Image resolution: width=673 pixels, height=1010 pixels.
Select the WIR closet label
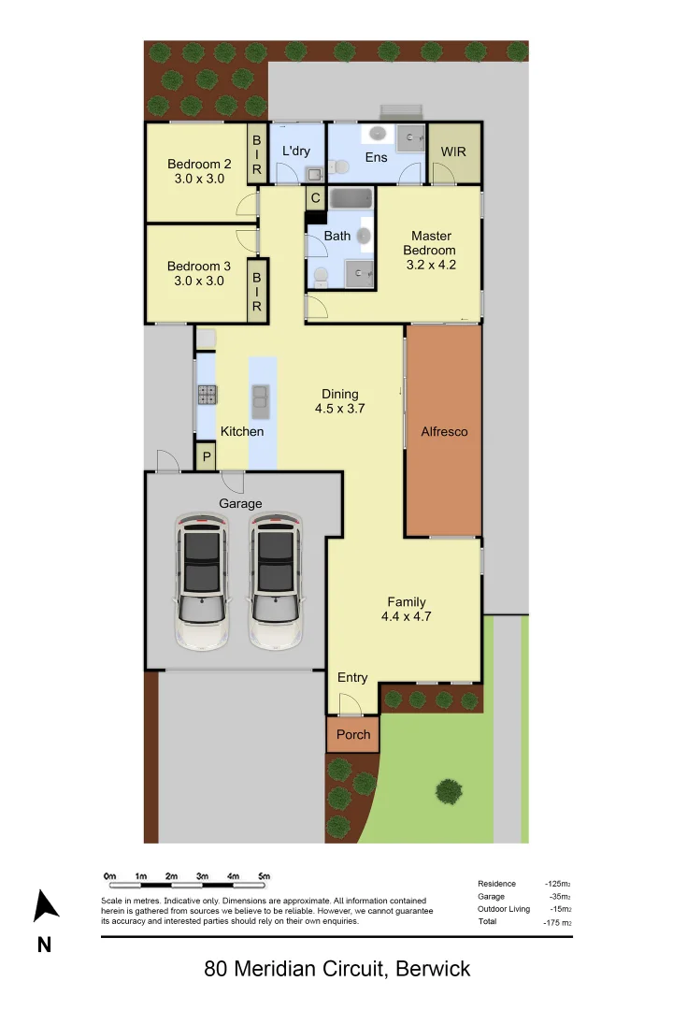[x=453, y=151]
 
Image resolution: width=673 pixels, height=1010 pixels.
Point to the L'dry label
[x=295, y=151]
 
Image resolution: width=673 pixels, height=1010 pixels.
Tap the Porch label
[x=353, y=734]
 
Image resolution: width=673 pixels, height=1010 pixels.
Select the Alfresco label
[x=444, y=432]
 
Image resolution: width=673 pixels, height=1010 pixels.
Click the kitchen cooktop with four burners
[x=207, y=395]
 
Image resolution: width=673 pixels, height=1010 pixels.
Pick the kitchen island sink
[x=261, y=401]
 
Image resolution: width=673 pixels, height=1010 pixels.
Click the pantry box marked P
[x=206, y=457]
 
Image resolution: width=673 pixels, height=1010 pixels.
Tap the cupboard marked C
[x=315, y=198]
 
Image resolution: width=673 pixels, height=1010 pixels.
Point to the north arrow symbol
[x=45, y=906]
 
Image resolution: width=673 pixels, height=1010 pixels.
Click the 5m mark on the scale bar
[x=265, y=876]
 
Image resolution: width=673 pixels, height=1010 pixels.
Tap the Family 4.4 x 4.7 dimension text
[x=406, y=616]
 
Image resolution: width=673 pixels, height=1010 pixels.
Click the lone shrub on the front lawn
[x=449, y=791]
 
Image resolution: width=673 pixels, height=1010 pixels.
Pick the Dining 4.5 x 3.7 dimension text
[x=339, y=409]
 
